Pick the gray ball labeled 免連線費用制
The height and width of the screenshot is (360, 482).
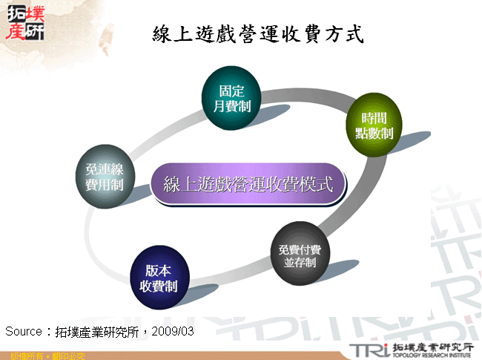pyautogui.click(x=105, y=179)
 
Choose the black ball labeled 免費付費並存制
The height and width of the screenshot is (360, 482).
pyautogui.click(x=294, y=251)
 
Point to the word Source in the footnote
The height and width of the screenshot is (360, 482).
pyautogui.click(x=23, y=331)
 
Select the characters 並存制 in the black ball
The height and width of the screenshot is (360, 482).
pyautogui.click(x=294, y=262)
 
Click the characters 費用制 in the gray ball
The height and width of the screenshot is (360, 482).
pyautogui.click(x=105, y=186)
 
